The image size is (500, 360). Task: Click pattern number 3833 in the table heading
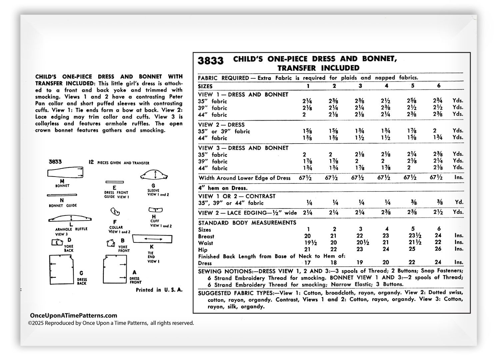211,61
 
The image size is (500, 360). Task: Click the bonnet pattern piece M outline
65,173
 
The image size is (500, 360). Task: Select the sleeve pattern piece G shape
153,176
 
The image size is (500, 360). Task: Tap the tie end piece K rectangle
152,239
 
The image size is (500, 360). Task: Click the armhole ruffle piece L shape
70,218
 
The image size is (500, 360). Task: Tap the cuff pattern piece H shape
155,210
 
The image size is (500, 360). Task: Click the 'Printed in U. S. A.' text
159,290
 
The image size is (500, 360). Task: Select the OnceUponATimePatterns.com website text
74,315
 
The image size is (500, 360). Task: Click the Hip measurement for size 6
438,249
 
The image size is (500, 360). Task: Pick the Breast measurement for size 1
308,236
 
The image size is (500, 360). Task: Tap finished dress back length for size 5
412,262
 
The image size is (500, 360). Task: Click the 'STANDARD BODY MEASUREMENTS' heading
247,222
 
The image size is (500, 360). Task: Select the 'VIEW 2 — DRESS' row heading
221,125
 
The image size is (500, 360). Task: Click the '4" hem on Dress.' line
223,188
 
